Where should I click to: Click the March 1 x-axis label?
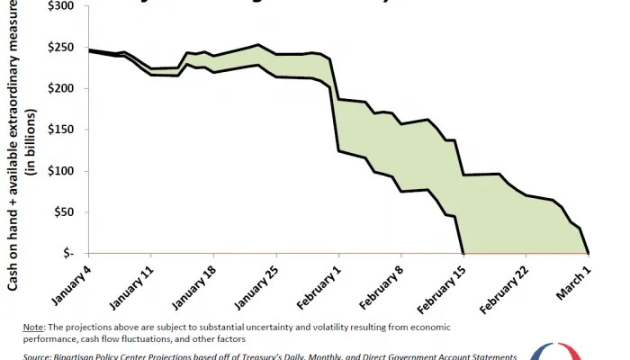point(577,282)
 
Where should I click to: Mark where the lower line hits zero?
point(463,253)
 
